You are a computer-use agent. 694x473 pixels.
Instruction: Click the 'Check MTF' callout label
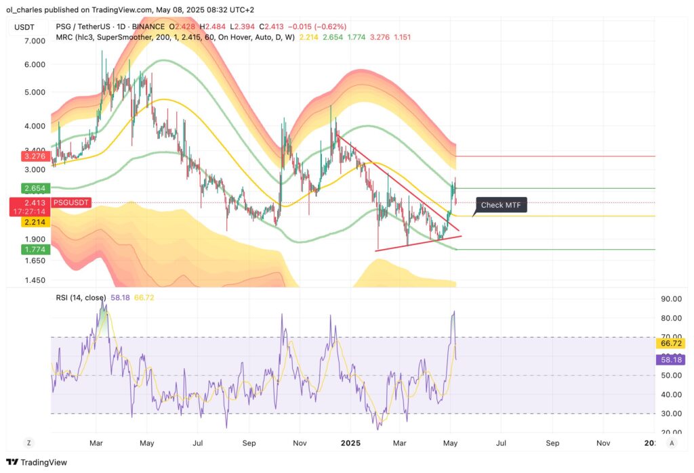(x=502, y=204)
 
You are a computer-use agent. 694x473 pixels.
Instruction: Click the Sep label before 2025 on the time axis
(x=249, y=443)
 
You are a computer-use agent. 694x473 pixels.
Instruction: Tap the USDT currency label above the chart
(x=25, y=26)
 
